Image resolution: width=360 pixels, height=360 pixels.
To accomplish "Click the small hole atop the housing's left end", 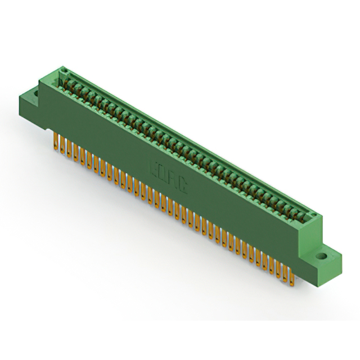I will click(x=64, y=71).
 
